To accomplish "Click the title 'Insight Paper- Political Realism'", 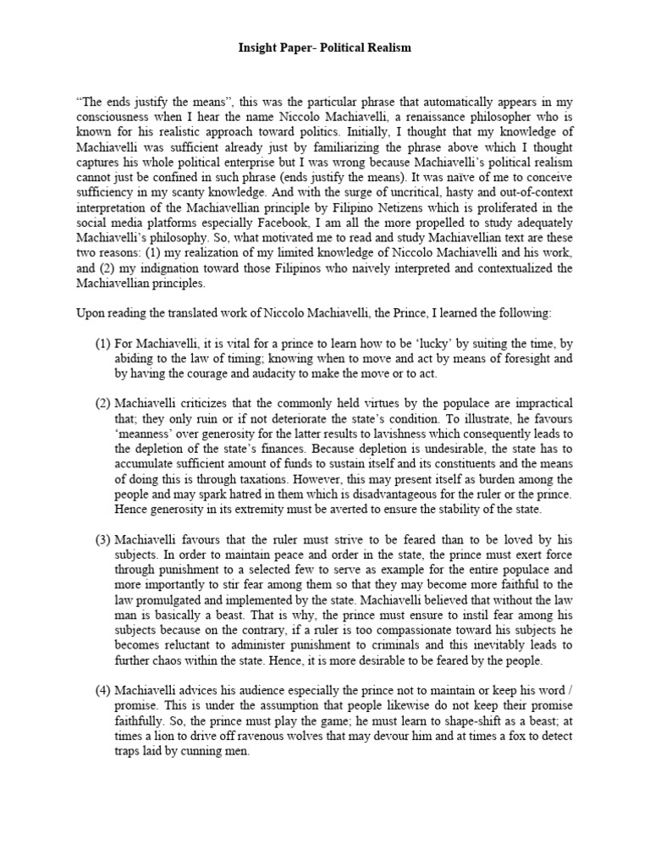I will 325,48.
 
